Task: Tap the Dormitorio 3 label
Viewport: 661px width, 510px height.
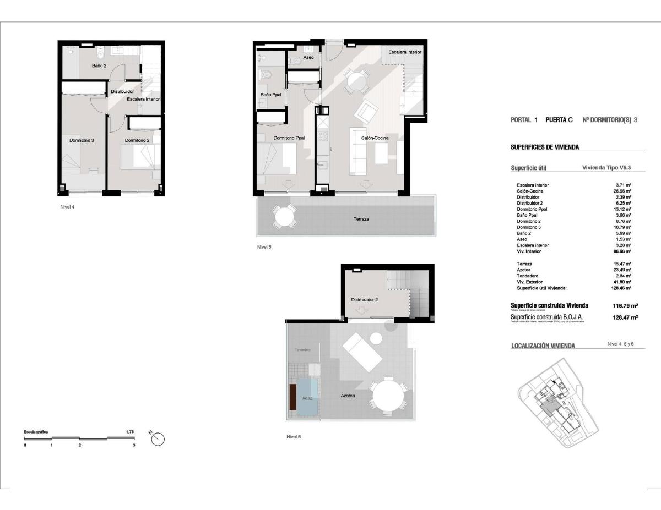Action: tap(82, 140)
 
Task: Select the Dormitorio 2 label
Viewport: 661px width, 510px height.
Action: tap(137, 140)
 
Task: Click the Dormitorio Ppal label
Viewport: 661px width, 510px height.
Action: tap(289, 138)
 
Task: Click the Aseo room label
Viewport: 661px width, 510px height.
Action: tap(308, 57)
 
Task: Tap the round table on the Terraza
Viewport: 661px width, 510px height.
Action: tap(284, 216)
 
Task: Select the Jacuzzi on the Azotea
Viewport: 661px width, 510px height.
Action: tap(307, 397)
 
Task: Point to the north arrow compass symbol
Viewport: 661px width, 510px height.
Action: tap(158, 438)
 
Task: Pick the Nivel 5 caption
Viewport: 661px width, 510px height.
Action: tap(264, 247)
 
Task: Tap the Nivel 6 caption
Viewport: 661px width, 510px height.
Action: tap(294, 437)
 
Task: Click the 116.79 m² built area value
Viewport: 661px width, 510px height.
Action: tap(625, 305)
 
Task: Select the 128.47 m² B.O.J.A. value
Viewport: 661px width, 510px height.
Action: tap(625, 317)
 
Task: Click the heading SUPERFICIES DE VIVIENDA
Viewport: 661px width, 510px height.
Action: tap(545, 147)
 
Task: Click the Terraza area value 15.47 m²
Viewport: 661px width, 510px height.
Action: tap(622, 264)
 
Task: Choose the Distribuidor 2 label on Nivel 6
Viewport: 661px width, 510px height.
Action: tap(364, 300)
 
